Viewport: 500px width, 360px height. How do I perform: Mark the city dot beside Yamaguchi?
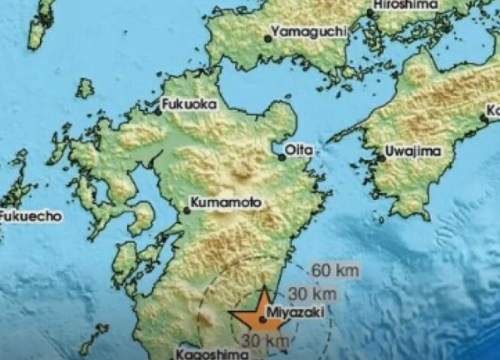tap(268, 39)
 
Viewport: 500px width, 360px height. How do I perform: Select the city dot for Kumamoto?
tap(186, 209)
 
